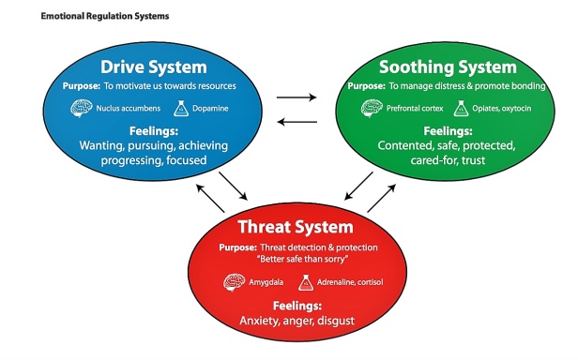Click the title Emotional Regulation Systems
click(x=105, y=16)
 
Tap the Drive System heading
click(x=154, y=67)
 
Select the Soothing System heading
click(x=448, y=67)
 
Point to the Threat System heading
click(x=296, y=227)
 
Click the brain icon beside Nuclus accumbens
click(x=81, y=109)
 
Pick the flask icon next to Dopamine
click(x=181, y=109)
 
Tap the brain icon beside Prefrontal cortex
click(x=372, y=109)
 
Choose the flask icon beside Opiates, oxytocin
click(x=461, y=109)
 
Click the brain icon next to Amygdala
click(x=234, y=282)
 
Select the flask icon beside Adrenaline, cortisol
click(x=306, y=282)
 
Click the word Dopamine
click(x=210, y=109)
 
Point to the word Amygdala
click(x=266, y=282)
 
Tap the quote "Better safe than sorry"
click(x=302, y=259)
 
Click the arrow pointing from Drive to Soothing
click(x=297, y=97)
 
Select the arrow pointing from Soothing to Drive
click(x=297, y=122)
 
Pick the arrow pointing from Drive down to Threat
click(x=233, y=186)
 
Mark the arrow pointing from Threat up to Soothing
click(x=382, y=198)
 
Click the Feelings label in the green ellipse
click(x=448, y=131)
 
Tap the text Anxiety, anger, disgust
click(x=297, y=321)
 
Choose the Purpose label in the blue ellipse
click(x=82, y=86)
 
